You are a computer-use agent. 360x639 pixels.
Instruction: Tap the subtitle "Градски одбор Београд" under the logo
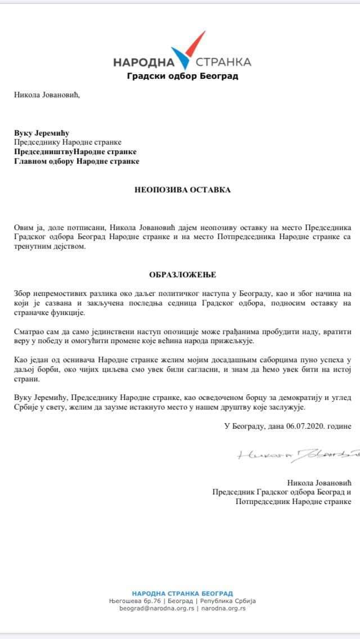pyautogui.click(x=182, y=76)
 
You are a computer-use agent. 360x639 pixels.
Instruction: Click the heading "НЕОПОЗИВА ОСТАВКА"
pyautogui.click(x=182, y=190)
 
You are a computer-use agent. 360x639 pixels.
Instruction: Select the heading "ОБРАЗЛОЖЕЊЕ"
pyautogui.click(x=182, y=275)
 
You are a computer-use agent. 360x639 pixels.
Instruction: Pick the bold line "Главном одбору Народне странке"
pyautogui.click(x=76, y=161)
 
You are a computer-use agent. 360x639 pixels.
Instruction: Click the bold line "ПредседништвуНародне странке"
pyautogui.click(x=75, y=152)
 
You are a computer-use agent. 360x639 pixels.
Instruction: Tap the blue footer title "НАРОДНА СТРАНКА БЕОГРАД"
pyautogui.click(x=182, y=593)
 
